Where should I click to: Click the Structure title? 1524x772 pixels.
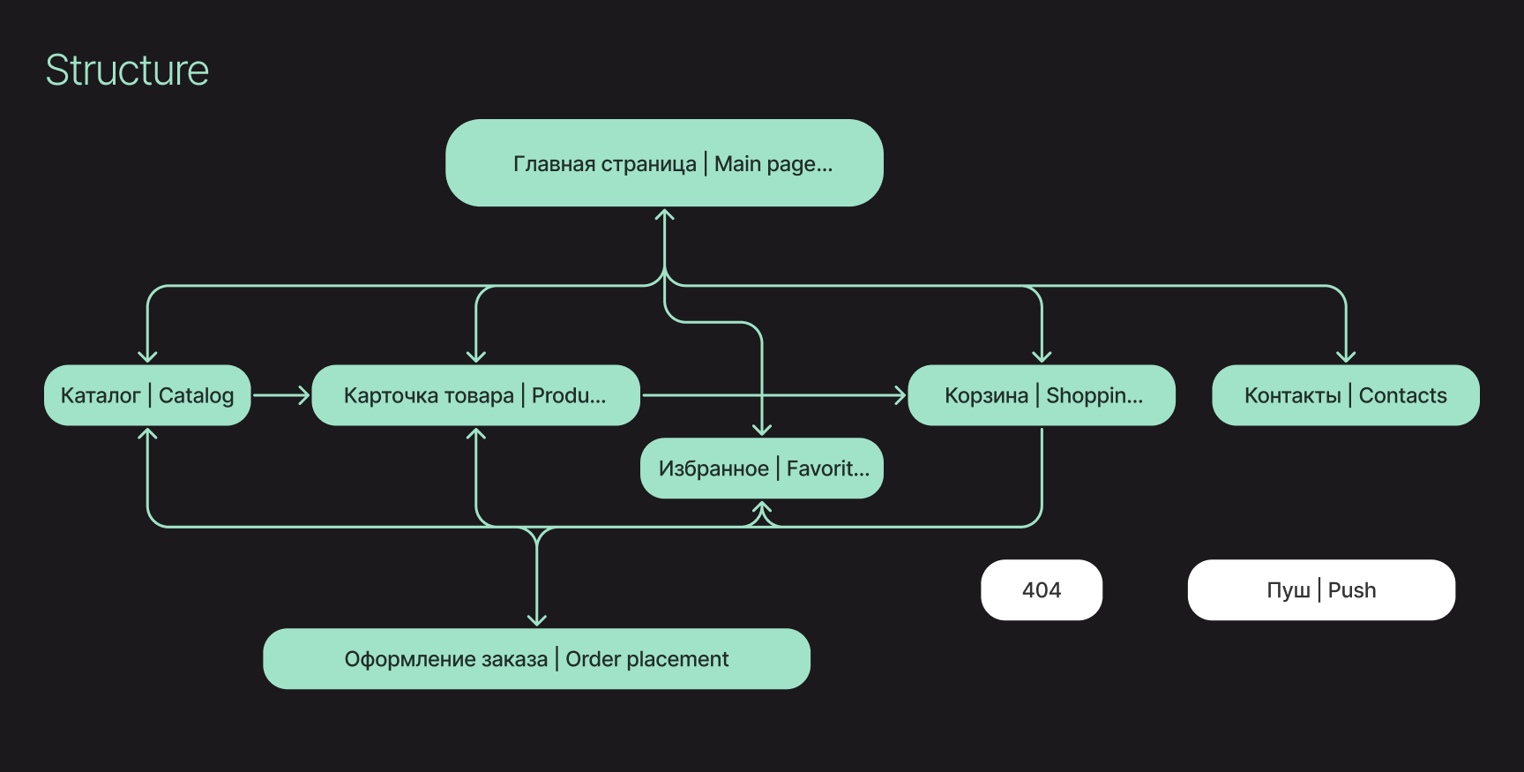[x=127, y=71]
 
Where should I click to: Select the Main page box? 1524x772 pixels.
[x=664, y=163]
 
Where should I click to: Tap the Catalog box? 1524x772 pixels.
[x=147, y=395]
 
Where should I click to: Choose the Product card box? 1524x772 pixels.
[x=475, y=395]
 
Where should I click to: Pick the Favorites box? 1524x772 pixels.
[x=762, y=468]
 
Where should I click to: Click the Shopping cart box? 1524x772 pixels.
[x=1042, y=395]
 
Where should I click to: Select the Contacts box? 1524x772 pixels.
[x=1346, y=395]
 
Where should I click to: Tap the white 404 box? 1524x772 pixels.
[x=1042, y=590]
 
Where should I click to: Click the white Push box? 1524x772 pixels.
[x=1321, y=590]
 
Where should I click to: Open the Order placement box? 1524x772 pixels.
[x=536, y=659]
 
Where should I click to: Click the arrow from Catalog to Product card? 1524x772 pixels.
[x=281, y=395]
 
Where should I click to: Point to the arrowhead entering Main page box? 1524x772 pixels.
[x=665, y=214]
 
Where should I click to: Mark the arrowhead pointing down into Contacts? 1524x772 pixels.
[x=1346, y=356]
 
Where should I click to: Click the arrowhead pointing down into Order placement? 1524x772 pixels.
[x=536, y=620]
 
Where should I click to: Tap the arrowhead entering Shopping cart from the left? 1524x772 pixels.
[x=900, y=395]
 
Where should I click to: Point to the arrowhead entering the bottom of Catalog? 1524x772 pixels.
[x=147, y=433]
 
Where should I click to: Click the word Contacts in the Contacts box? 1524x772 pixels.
[x=1402, y=395]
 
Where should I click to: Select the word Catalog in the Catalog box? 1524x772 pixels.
[x=196, y=395]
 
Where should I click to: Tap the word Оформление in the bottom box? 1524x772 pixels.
[x=400, y=659]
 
